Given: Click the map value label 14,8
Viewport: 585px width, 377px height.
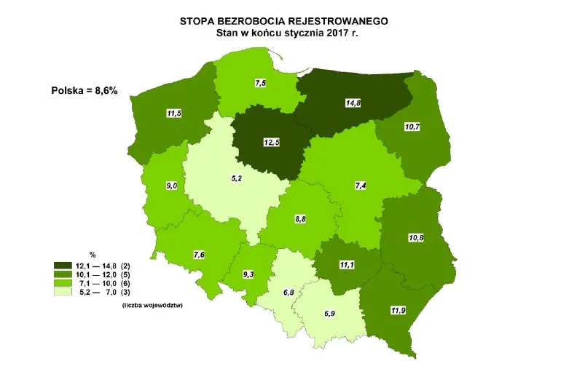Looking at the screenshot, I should point(354,103).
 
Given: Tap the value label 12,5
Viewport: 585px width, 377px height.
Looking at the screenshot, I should point(271,143).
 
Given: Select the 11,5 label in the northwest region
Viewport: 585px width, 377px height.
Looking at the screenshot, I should point(173,115).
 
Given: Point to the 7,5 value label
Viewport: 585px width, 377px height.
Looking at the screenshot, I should point(260,84).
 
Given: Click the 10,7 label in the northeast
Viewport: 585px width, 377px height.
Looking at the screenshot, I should point(412,127).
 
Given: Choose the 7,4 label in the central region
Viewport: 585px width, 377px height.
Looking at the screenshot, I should point(359,187).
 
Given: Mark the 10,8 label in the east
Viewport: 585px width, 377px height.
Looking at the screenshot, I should point(414,237).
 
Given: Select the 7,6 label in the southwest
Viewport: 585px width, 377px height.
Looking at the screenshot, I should point(199,254).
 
